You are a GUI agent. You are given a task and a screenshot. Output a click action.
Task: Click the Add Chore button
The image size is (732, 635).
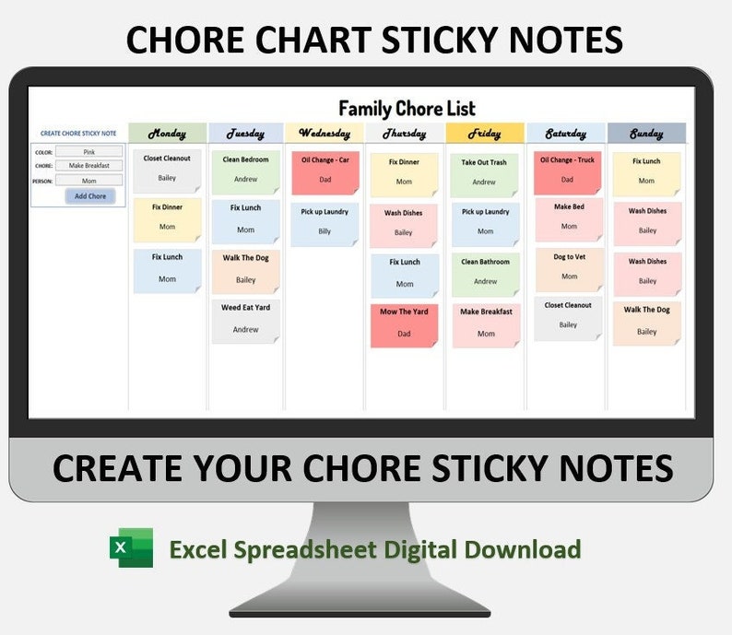click(89, 196)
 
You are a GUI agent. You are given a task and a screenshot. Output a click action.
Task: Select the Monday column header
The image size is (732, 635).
click(167, 134)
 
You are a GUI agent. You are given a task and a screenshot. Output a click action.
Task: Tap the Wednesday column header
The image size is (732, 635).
click(325, 134)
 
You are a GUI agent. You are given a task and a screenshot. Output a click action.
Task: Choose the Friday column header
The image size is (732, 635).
click(485, 134)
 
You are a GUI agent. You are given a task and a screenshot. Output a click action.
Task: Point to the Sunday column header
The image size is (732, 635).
click(646, 134)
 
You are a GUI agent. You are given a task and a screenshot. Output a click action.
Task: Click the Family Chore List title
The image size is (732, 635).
click(407, 108)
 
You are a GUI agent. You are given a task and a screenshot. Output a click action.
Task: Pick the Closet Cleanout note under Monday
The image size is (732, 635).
click(167, 169)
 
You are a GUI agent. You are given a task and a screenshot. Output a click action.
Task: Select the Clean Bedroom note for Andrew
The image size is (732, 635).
click(246, 171)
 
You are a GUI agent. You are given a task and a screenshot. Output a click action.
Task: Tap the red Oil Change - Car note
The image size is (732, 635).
click(325, 171)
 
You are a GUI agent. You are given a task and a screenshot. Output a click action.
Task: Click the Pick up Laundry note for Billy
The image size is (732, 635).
click(325, 222)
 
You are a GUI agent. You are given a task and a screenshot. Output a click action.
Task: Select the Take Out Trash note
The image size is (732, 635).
click(485, 172)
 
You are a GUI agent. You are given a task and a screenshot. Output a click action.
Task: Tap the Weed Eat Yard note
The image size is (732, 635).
click(246, 319)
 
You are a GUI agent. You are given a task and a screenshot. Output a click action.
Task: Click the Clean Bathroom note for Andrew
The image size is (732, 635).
click(486, 272)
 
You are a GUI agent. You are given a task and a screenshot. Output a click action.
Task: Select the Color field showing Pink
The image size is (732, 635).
click(89, 152)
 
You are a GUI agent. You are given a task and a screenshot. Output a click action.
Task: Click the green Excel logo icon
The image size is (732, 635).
click(131, 549)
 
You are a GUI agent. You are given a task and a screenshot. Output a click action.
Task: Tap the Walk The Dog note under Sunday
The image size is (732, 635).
click(647, 321)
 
